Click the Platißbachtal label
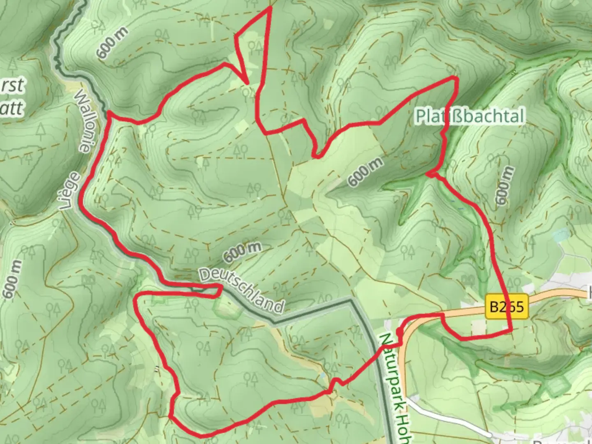(x=470, y=116)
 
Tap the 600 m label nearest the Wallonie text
(x=112, y=43)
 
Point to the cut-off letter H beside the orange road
(x=589, y=293)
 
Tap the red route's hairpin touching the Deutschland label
(x=221, y=290)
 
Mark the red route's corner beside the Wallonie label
(x=109, y=115)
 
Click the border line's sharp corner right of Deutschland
(x=352, y=300)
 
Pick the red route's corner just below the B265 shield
(x=511, y=330)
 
